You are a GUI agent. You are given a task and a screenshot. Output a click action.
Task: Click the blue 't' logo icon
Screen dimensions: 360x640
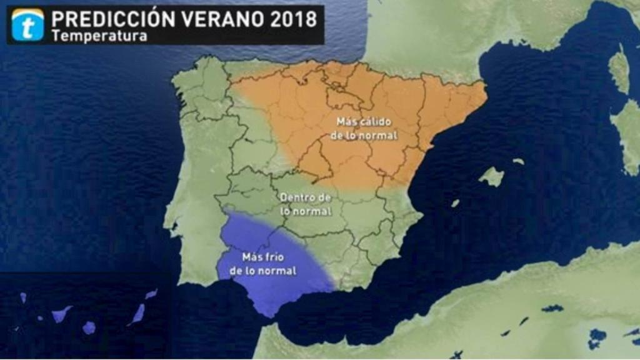coord(27,24)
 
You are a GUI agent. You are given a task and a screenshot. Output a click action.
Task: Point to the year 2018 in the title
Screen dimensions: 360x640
coord(294,19)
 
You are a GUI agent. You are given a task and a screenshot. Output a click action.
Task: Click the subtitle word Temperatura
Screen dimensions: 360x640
coord(99,36)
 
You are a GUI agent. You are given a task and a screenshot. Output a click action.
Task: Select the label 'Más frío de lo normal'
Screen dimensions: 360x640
coord(262,264)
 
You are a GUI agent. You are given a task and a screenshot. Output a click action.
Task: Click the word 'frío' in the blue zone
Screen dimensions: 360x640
coord(277,256)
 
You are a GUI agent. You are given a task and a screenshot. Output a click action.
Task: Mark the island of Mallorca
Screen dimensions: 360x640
coord(492,177)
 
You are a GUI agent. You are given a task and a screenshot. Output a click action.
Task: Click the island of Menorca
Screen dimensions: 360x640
coord(519,161)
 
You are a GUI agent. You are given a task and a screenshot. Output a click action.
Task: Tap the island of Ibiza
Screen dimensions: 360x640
coord(456,203)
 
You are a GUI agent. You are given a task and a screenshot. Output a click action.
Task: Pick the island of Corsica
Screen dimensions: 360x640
coord(619,69)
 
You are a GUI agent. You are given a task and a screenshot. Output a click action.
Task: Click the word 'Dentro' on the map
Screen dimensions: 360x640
coord(296,197)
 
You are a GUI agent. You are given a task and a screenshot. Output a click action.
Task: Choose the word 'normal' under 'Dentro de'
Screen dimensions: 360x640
coord(316,211)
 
